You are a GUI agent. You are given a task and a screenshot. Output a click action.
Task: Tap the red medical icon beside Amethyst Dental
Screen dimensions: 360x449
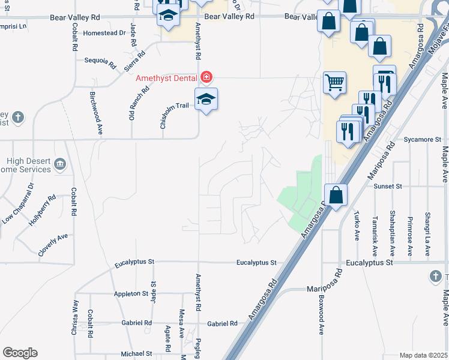click(206, 77)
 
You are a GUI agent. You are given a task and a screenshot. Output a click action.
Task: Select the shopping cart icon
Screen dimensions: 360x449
click(335, 83)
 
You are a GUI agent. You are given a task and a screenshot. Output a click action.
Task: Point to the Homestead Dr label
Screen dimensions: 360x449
click(105, 34)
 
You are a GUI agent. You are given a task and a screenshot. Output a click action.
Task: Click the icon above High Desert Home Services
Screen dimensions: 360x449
click(59, 164)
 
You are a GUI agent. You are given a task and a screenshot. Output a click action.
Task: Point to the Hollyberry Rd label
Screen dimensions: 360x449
click(42, 211)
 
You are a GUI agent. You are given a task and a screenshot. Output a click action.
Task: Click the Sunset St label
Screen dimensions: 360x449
click(387, 187)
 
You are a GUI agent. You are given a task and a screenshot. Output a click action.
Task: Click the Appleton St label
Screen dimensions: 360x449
click(131, 294)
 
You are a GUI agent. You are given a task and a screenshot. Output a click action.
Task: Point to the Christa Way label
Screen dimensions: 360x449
click(75, 317)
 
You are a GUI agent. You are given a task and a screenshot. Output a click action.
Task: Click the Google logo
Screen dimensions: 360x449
click(20, 353)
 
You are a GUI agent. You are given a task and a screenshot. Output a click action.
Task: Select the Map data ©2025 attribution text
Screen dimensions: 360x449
click(423, 355)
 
